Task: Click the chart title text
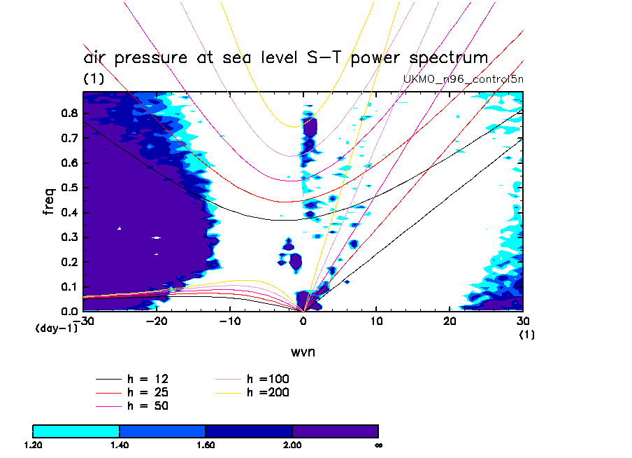[285, 58]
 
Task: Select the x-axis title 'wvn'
[303, 352]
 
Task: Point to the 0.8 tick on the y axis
[69, 113]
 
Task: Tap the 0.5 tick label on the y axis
[69, 188]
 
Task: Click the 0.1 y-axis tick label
[69, 286]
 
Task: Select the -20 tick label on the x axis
[157, 321]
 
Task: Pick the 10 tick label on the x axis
[376, 321]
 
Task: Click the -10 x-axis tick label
[230, 321]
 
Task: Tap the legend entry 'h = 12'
[148, 379]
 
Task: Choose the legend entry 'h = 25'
[148, 392]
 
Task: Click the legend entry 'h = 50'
[148, 405]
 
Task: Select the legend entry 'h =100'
[268, 379]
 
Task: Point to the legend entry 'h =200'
[268, 392]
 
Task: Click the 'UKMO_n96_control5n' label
[464, 78]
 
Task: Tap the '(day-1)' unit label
[56, 328]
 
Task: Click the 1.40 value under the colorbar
[120, 444]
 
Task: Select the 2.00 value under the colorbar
[292, 444]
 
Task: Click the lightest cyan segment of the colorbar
[76, 431]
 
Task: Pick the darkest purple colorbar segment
[335, 431]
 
